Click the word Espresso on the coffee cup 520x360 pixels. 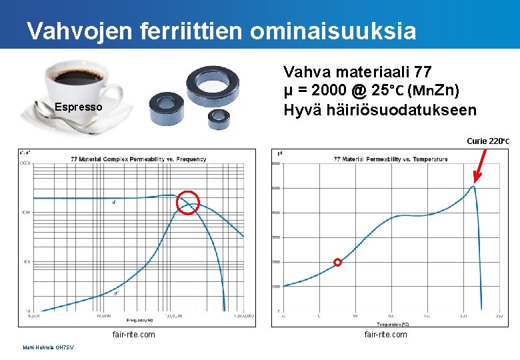[79, 107]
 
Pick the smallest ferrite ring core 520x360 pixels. [218, 119]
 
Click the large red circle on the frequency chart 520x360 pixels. [188, 202]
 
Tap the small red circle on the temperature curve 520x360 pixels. [337, 262]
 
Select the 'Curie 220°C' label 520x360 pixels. [488, 141]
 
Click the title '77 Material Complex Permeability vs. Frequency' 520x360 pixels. [139, 159]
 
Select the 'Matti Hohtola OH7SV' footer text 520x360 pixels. [49, 347]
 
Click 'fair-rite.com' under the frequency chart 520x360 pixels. [134, 334]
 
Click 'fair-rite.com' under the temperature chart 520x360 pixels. [385, 334]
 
